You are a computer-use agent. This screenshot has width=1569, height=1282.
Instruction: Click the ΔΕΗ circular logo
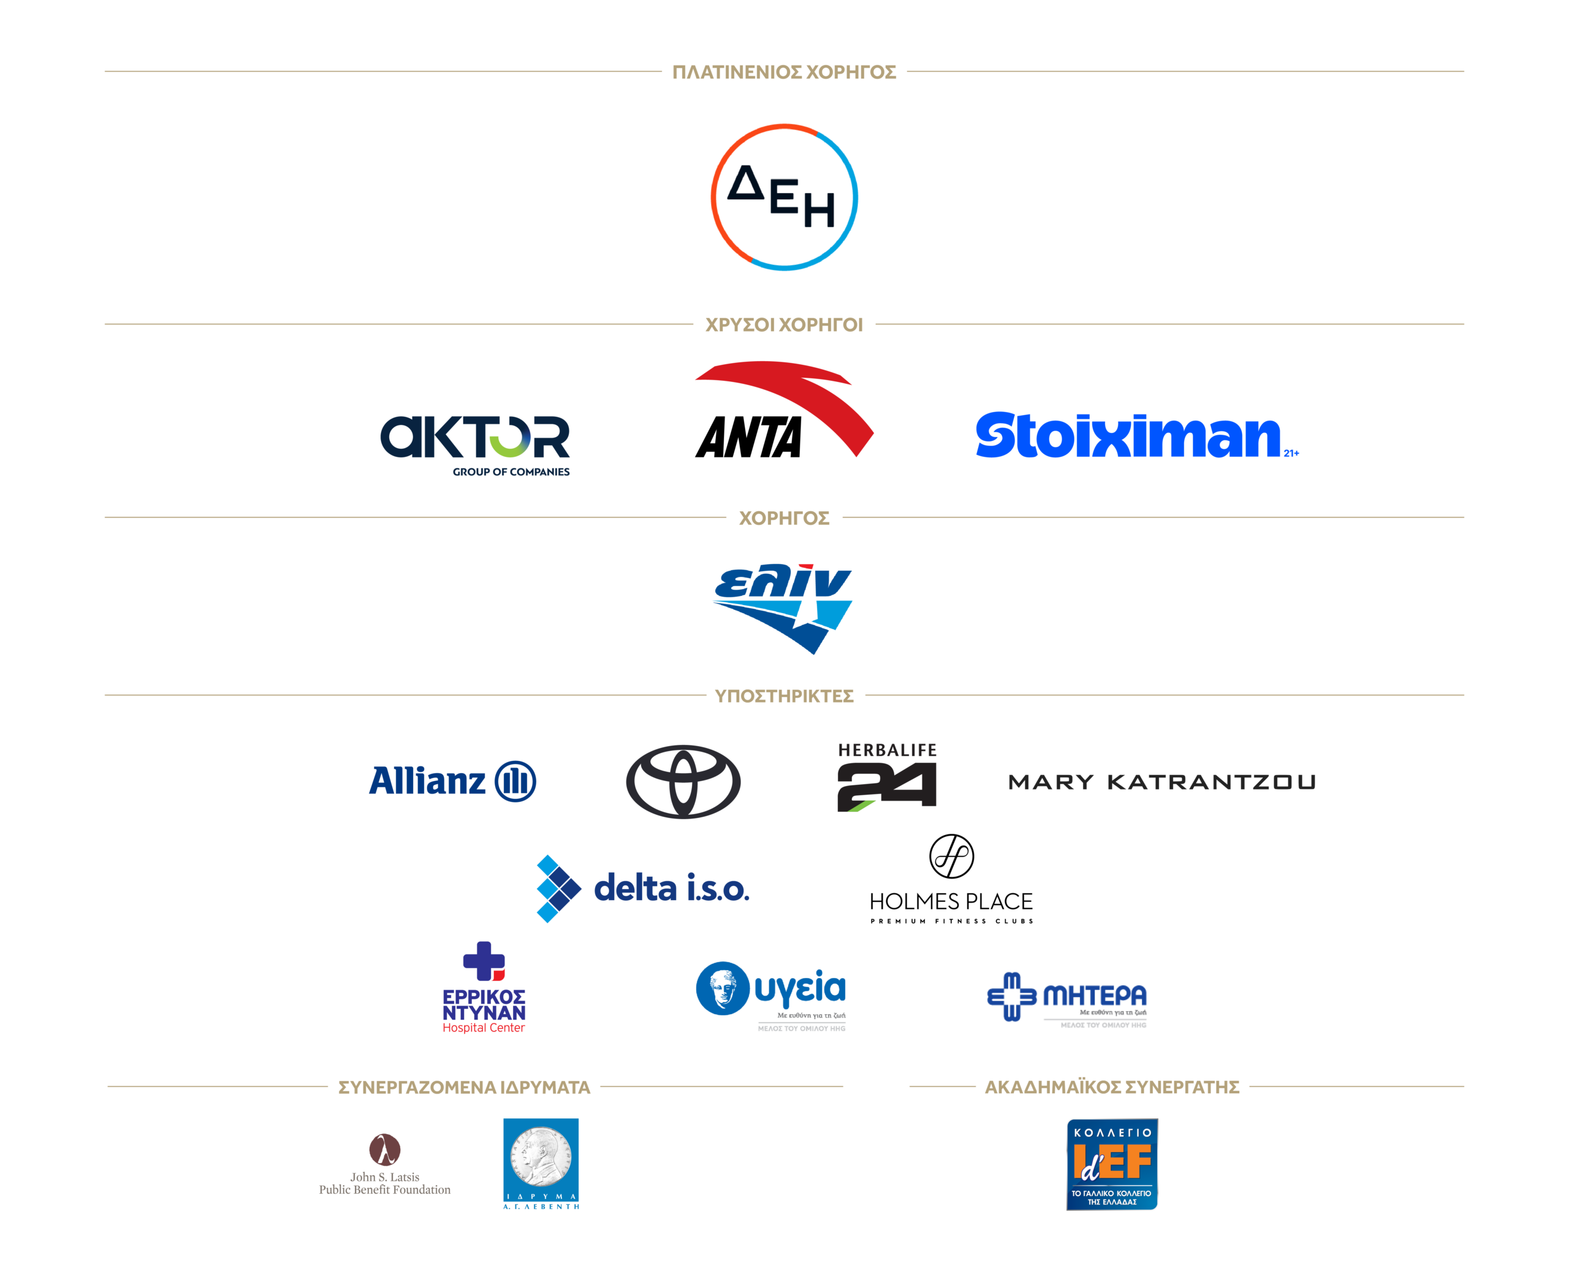tap(784, 197)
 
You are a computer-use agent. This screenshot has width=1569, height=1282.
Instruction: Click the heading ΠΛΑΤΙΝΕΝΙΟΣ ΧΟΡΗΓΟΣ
tap(784, 72)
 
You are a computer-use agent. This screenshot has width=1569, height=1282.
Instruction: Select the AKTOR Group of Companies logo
tap(476, 443)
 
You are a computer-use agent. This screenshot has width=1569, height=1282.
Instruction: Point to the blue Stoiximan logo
tap(1130, 436)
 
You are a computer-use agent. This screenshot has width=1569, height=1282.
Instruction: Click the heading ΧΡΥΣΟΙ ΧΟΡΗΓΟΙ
tap(784, 325)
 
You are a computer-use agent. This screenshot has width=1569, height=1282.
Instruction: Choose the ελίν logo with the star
tap(784, 607)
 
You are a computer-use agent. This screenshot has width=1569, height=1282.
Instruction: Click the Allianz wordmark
tap(452, 781)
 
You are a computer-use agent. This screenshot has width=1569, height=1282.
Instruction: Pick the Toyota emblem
tap(684, 781)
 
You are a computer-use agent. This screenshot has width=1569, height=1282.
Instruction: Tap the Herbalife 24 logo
tap(887, 777)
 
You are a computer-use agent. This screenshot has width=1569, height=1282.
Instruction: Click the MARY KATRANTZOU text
tap(1161, 782)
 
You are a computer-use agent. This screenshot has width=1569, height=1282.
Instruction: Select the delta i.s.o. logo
tap(642, 888)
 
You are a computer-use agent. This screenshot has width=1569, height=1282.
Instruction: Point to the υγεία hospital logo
tap(772, 993)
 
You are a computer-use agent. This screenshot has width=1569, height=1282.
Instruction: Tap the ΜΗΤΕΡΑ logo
tap(1067, 997)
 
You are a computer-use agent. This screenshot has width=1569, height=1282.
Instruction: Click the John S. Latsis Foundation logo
tap(385, 1164)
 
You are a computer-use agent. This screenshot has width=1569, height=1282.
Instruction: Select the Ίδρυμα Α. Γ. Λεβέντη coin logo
tap(541, 1163)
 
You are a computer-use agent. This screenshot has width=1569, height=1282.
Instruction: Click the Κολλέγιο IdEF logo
tap(1112, 1164)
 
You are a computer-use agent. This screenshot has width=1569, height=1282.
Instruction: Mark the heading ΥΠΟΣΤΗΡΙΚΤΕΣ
tap(784, 696)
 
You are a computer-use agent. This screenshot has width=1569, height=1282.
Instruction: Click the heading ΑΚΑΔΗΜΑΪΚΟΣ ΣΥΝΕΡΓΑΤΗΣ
tap(1112, 1087)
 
